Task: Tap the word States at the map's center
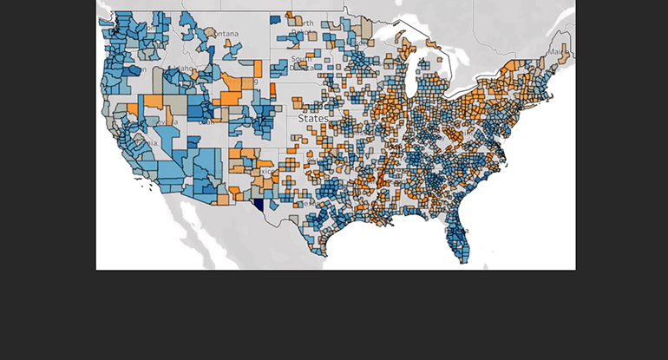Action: tap(312, 117)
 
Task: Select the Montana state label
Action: tap(224, 34)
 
